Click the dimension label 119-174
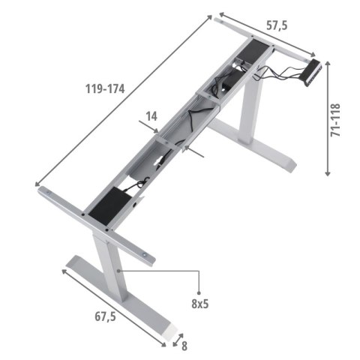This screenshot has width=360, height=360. tap(105, 88)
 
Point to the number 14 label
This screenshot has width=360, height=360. tap(151, 116)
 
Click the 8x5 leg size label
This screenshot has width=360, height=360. tap(199, 304)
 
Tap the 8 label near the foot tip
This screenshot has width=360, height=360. tap(184, 347)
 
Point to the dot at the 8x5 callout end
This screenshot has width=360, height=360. tap(199, 291)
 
